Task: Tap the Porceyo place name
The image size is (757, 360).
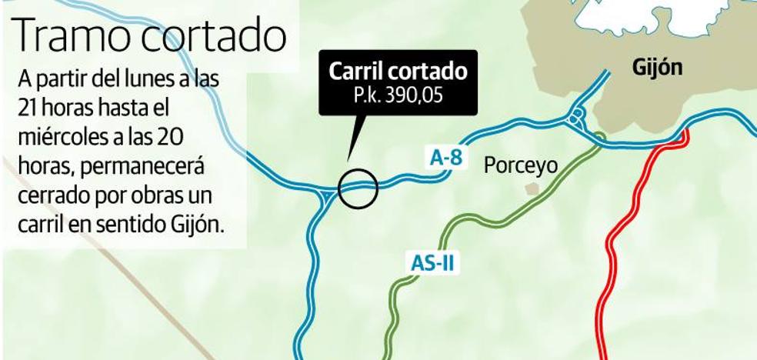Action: pyautogui.click(x=520, y=165)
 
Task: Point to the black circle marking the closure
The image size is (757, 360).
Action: pyautogui.click(x=358, y=188)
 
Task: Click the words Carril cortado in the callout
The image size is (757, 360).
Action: pyautogui.click(x=398, y=72)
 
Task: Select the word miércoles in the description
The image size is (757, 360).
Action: pyautogui.click(x=61, y=138)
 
